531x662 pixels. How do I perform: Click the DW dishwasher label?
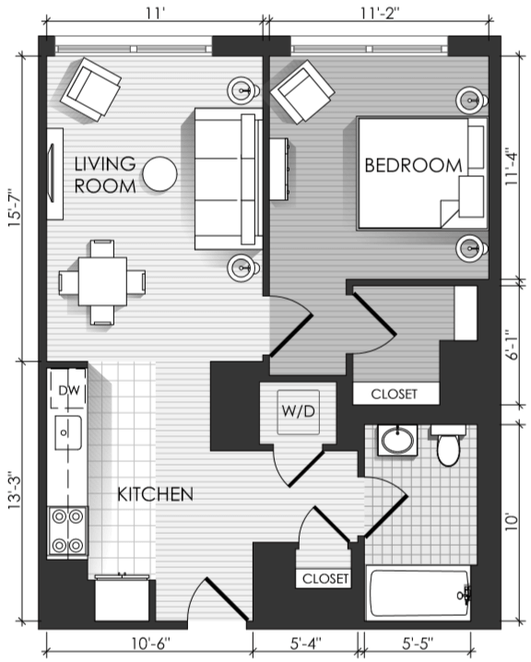69,391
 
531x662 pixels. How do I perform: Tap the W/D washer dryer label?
299,411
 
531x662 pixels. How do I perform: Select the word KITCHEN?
155,494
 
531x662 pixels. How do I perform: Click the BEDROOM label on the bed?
413,165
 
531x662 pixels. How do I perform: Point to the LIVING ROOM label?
105,175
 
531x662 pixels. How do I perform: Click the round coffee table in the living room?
160,174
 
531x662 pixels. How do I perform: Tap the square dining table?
102,281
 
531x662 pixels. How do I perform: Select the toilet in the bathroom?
448,445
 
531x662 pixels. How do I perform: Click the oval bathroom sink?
397,441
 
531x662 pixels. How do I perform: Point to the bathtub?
419,593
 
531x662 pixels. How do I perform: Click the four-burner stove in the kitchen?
67,531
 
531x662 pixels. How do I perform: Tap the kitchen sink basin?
68,432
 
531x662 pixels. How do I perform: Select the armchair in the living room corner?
90,89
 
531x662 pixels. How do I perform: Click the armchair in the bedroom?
302,92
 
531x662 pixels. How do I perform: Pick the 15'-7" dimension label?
14,208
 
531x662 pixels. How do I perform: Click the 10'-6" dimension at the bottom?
150,644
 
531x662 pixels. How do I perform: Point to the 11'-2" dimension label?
380,13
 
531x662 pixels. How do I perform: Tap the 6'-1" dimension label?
512,345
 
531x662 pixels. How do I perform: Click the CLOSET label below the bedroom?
394,395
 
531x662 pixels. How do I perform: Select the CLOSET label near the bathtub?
325,578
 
